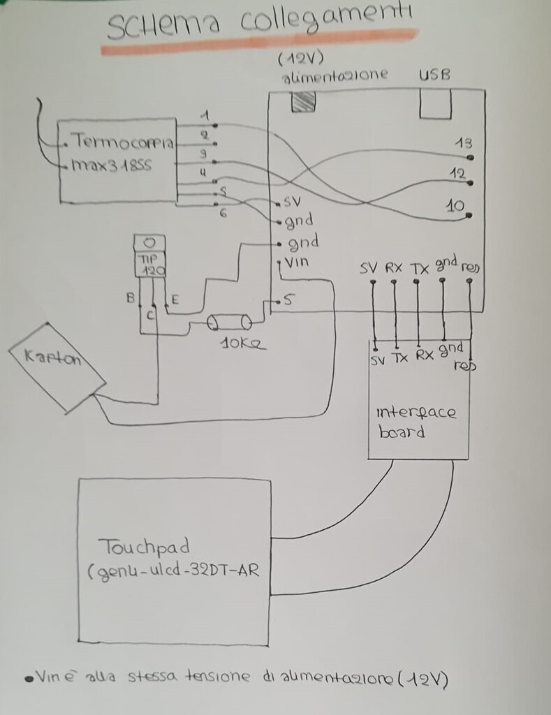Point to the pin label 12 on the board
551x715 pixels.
point(457,173)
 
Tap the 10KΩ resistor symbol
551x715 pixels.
point(230,323)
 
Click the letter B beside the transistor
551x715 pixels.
point(130,298)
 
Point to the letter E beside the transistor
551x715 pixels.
point(175,300)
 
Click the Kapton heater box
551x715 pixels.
point(56,366)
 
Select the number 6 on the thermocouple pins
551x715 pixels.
point(223,214)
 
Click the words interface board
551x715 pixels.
point(416,420)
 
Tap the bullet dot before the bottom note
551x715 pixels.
point(29,677)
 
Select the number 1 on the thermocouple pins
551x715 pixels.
point(203,115)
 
